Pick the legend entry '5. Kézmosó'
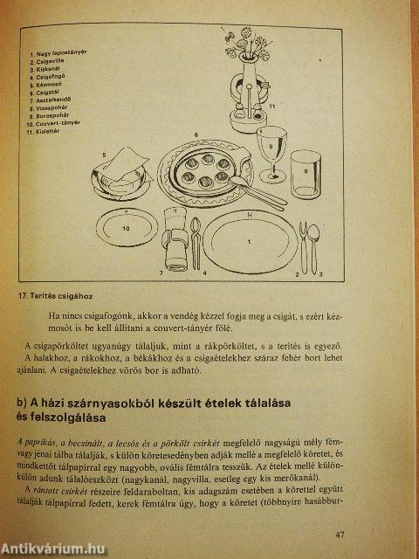pyautogui.click(x=51, y=85)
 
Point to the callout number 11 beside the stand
pyautogui.click(x=271, y=106)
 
